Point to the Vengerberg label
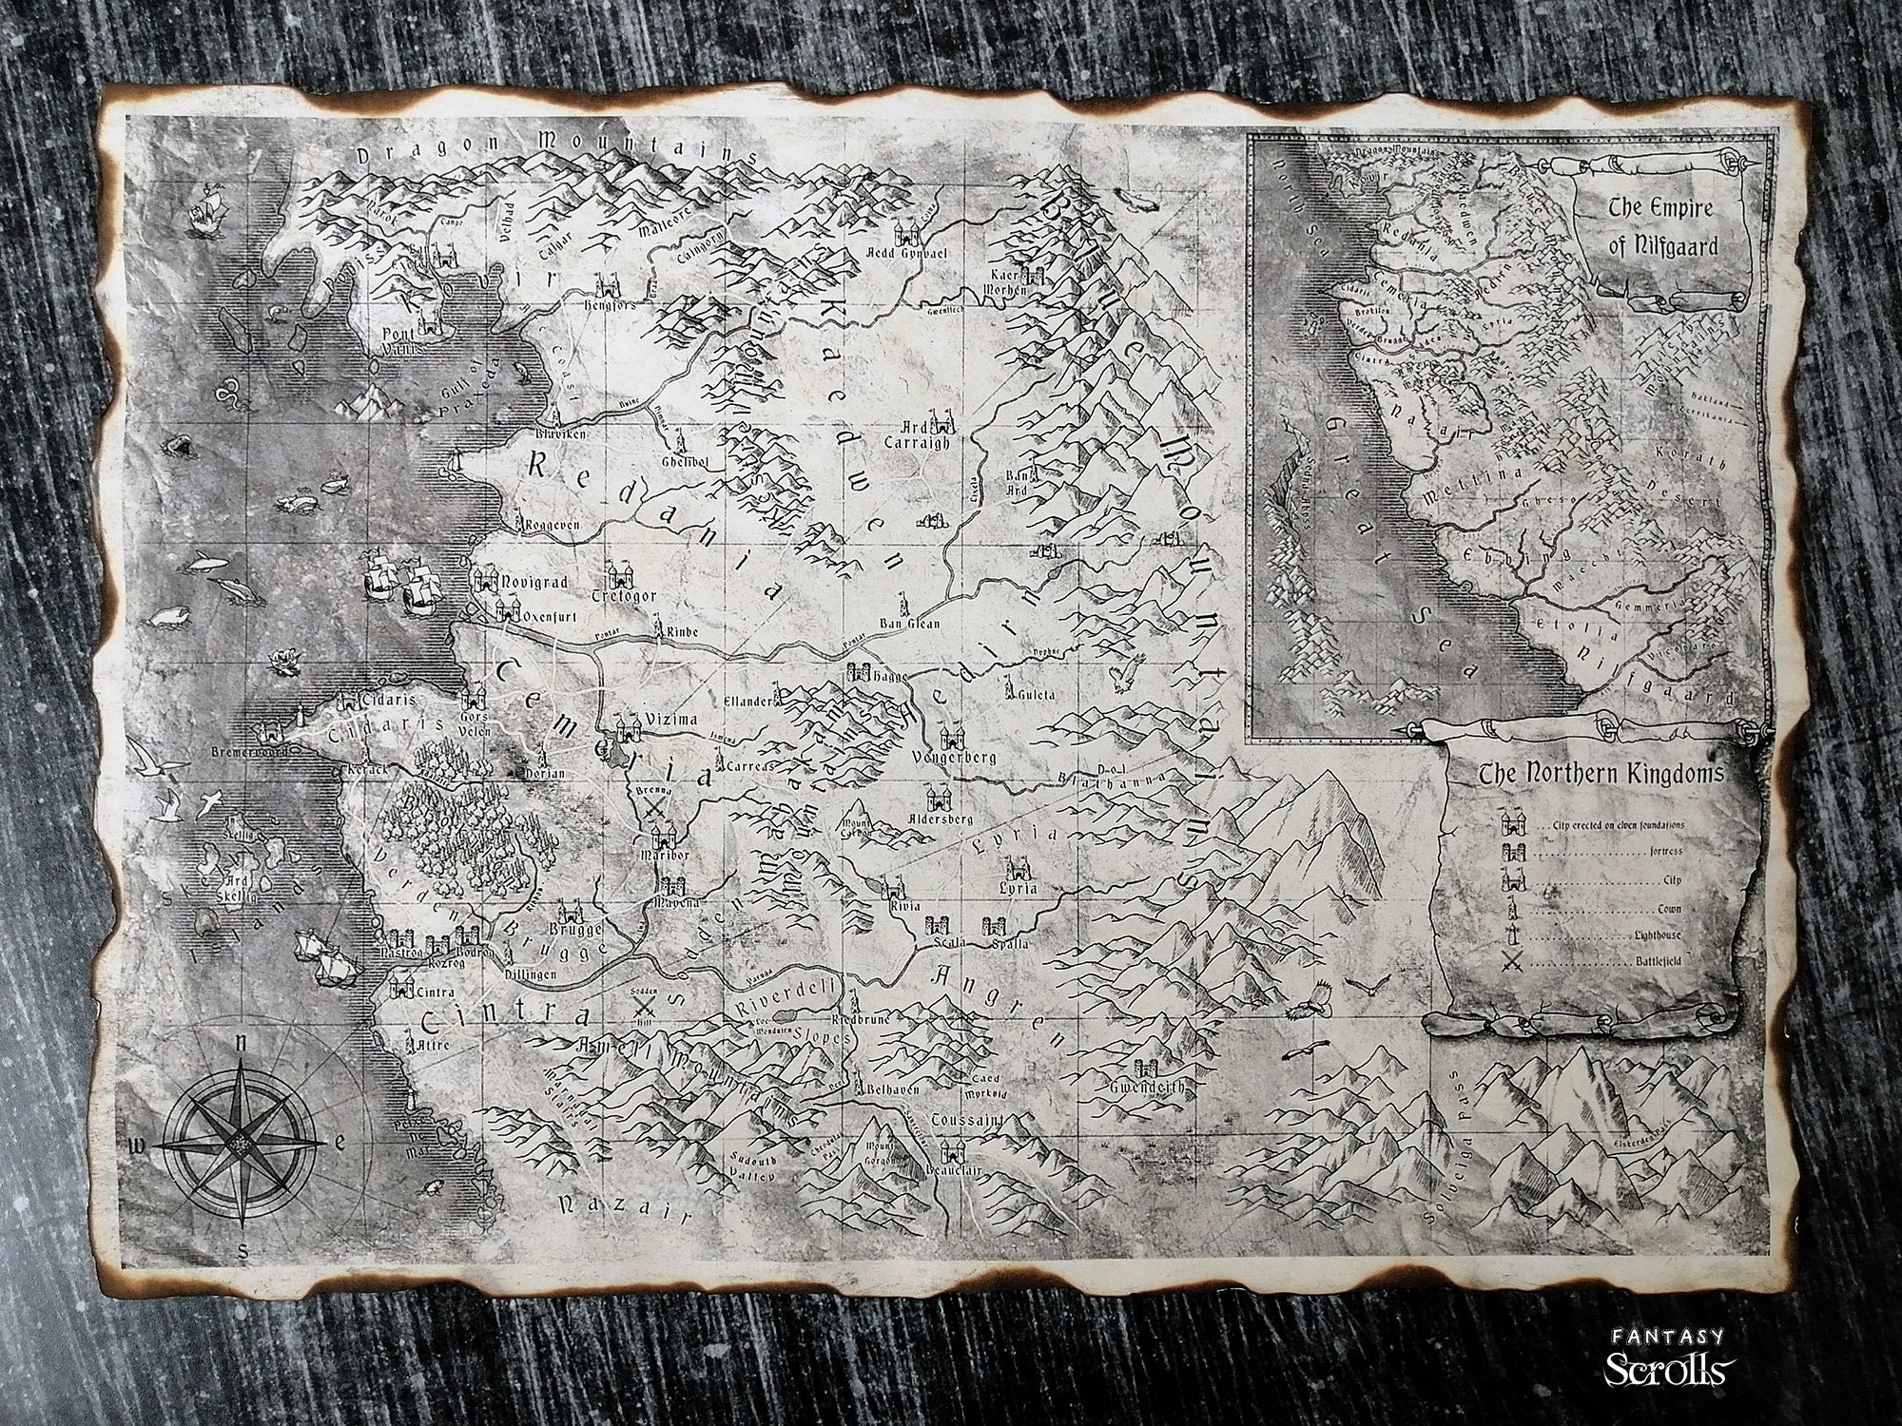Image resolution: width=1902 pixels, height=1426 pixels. pos(953,758)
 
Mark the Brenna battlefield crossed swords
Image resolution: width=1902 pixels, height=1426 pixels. pos(654,808)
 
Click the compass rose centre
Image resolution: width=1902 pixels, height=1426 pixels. pos(241,1145)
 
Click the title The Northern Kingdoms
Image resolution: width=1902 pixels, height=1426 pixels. pos(1601,776)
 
